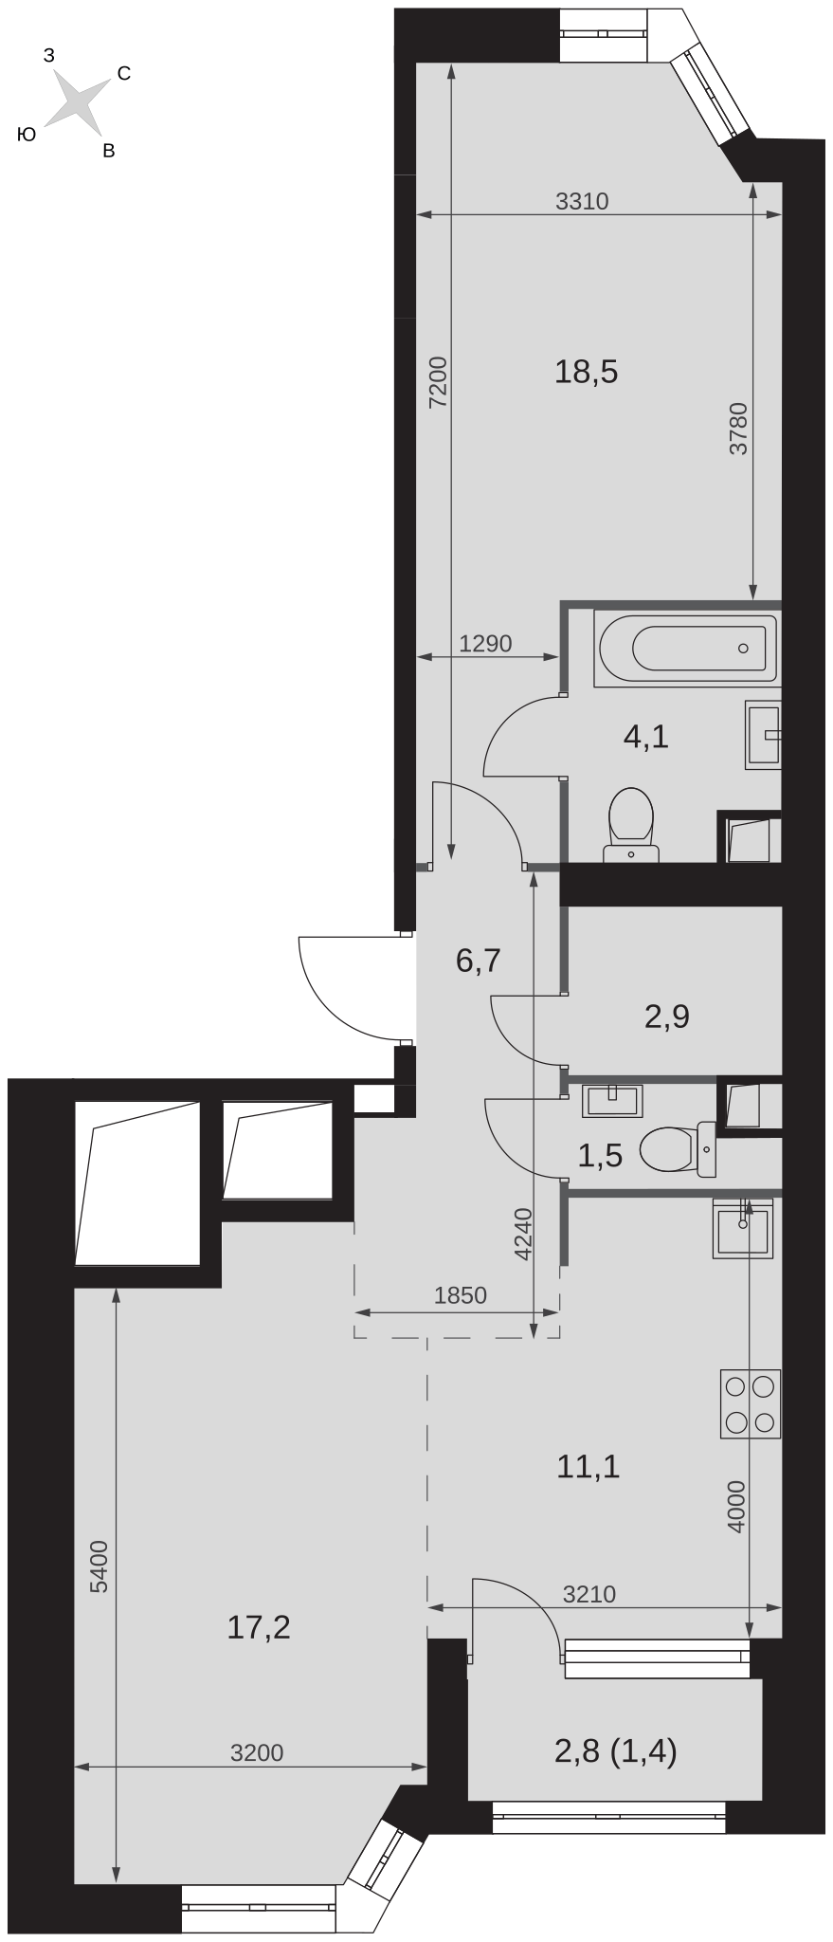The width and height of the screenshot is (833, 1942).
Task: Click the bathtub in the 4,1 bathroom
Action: pyautogui.click(x=688, y=649)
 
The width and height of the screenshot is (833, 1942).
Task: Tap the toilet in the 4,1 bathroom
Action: pyautogui.click(x=631, y=825)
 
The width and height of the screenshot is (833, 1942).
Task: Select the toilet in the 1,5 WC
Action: pyautogui.click(x=679, y=1150)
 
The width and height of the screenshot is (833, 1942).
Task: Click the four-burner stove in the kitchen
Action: pyautogui.click(x=751, y=1403)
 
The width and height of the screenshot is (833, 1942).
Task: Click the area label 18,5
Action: pyautogui.click(x=587, y=373)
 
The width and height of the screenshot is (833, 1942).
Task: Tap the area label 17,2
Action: pyautogui.click(x=259, y=1628)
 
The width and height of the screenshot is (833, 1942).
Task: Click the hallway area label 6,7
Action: pyautogui.click(x=478, y=962)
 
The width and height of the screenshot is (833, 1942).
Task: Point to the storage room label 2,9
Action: pyautogui.click(x=667, y=1017)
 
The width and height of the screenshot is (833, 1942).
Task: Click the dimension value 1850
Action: pyautogui.click(x=460, y=1295)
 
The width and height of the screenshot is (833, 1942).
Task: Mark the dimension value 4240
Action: pyautogui.click(x=522, y=1234)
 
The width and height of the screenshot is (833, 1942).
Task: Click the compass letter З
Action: pyautogui.click(x=49, y=56)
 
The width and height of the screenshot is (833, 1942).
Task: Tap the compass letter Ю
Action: pyautogui.click(x=27, y=136)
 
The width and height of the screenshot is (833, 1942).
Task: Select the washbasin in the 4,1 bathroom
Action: pyautogui.click(x=764, y=734)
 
